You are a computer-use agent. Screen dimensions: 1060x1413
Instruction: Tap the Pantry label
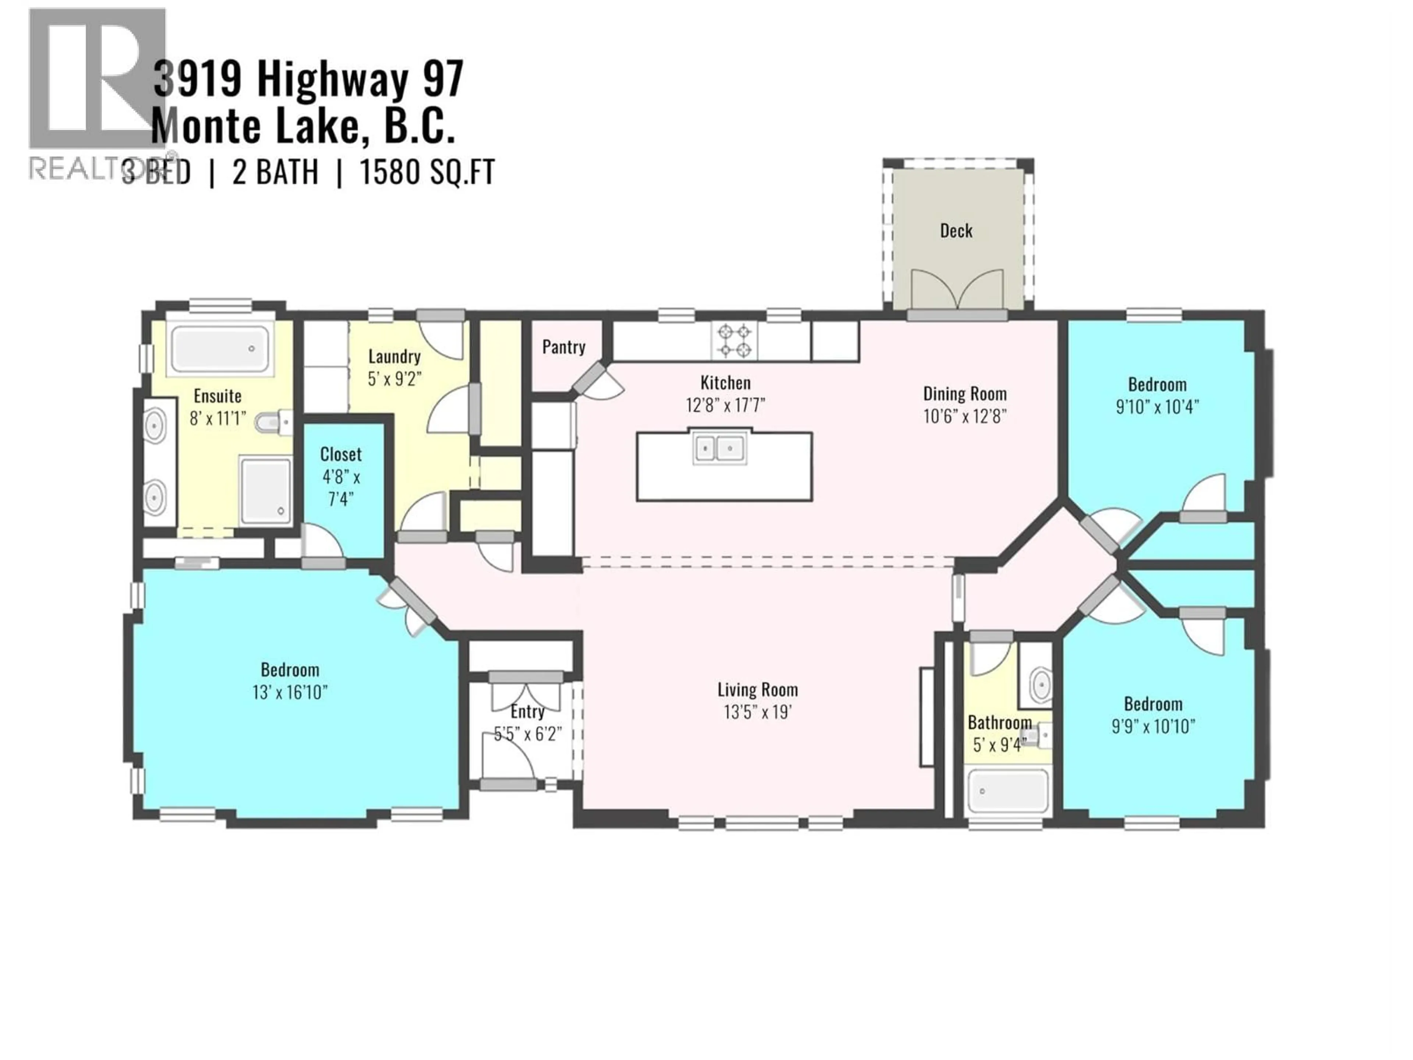(x=563, y=347)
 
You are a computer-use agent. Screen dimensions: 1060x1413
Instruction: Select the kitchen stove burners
(x=734, y=340)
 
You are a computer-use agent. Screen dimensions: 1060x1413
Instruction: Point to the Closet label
(x=340, y=454)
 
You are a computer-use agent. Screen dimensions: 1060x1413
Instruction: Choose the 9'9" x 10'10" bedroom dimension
(x=1153, y=727)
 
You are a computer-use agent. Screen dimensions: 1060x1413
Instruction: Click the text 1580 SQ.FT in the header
(x=427, y=173)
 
